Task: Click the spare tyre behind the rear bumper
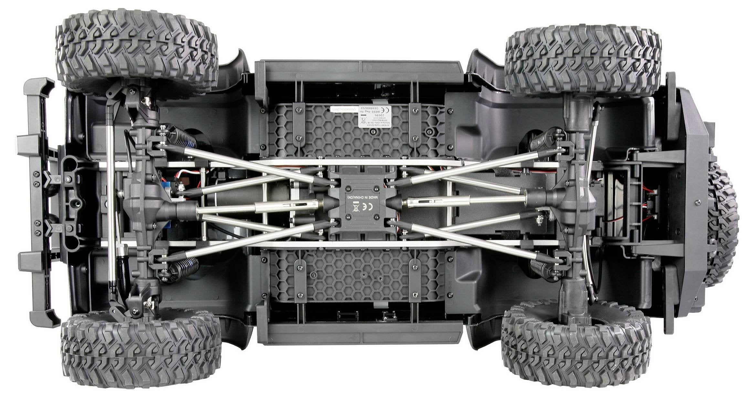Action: (x=724, y=223)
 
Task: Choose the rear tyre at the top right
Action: (x=581, y=60)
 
